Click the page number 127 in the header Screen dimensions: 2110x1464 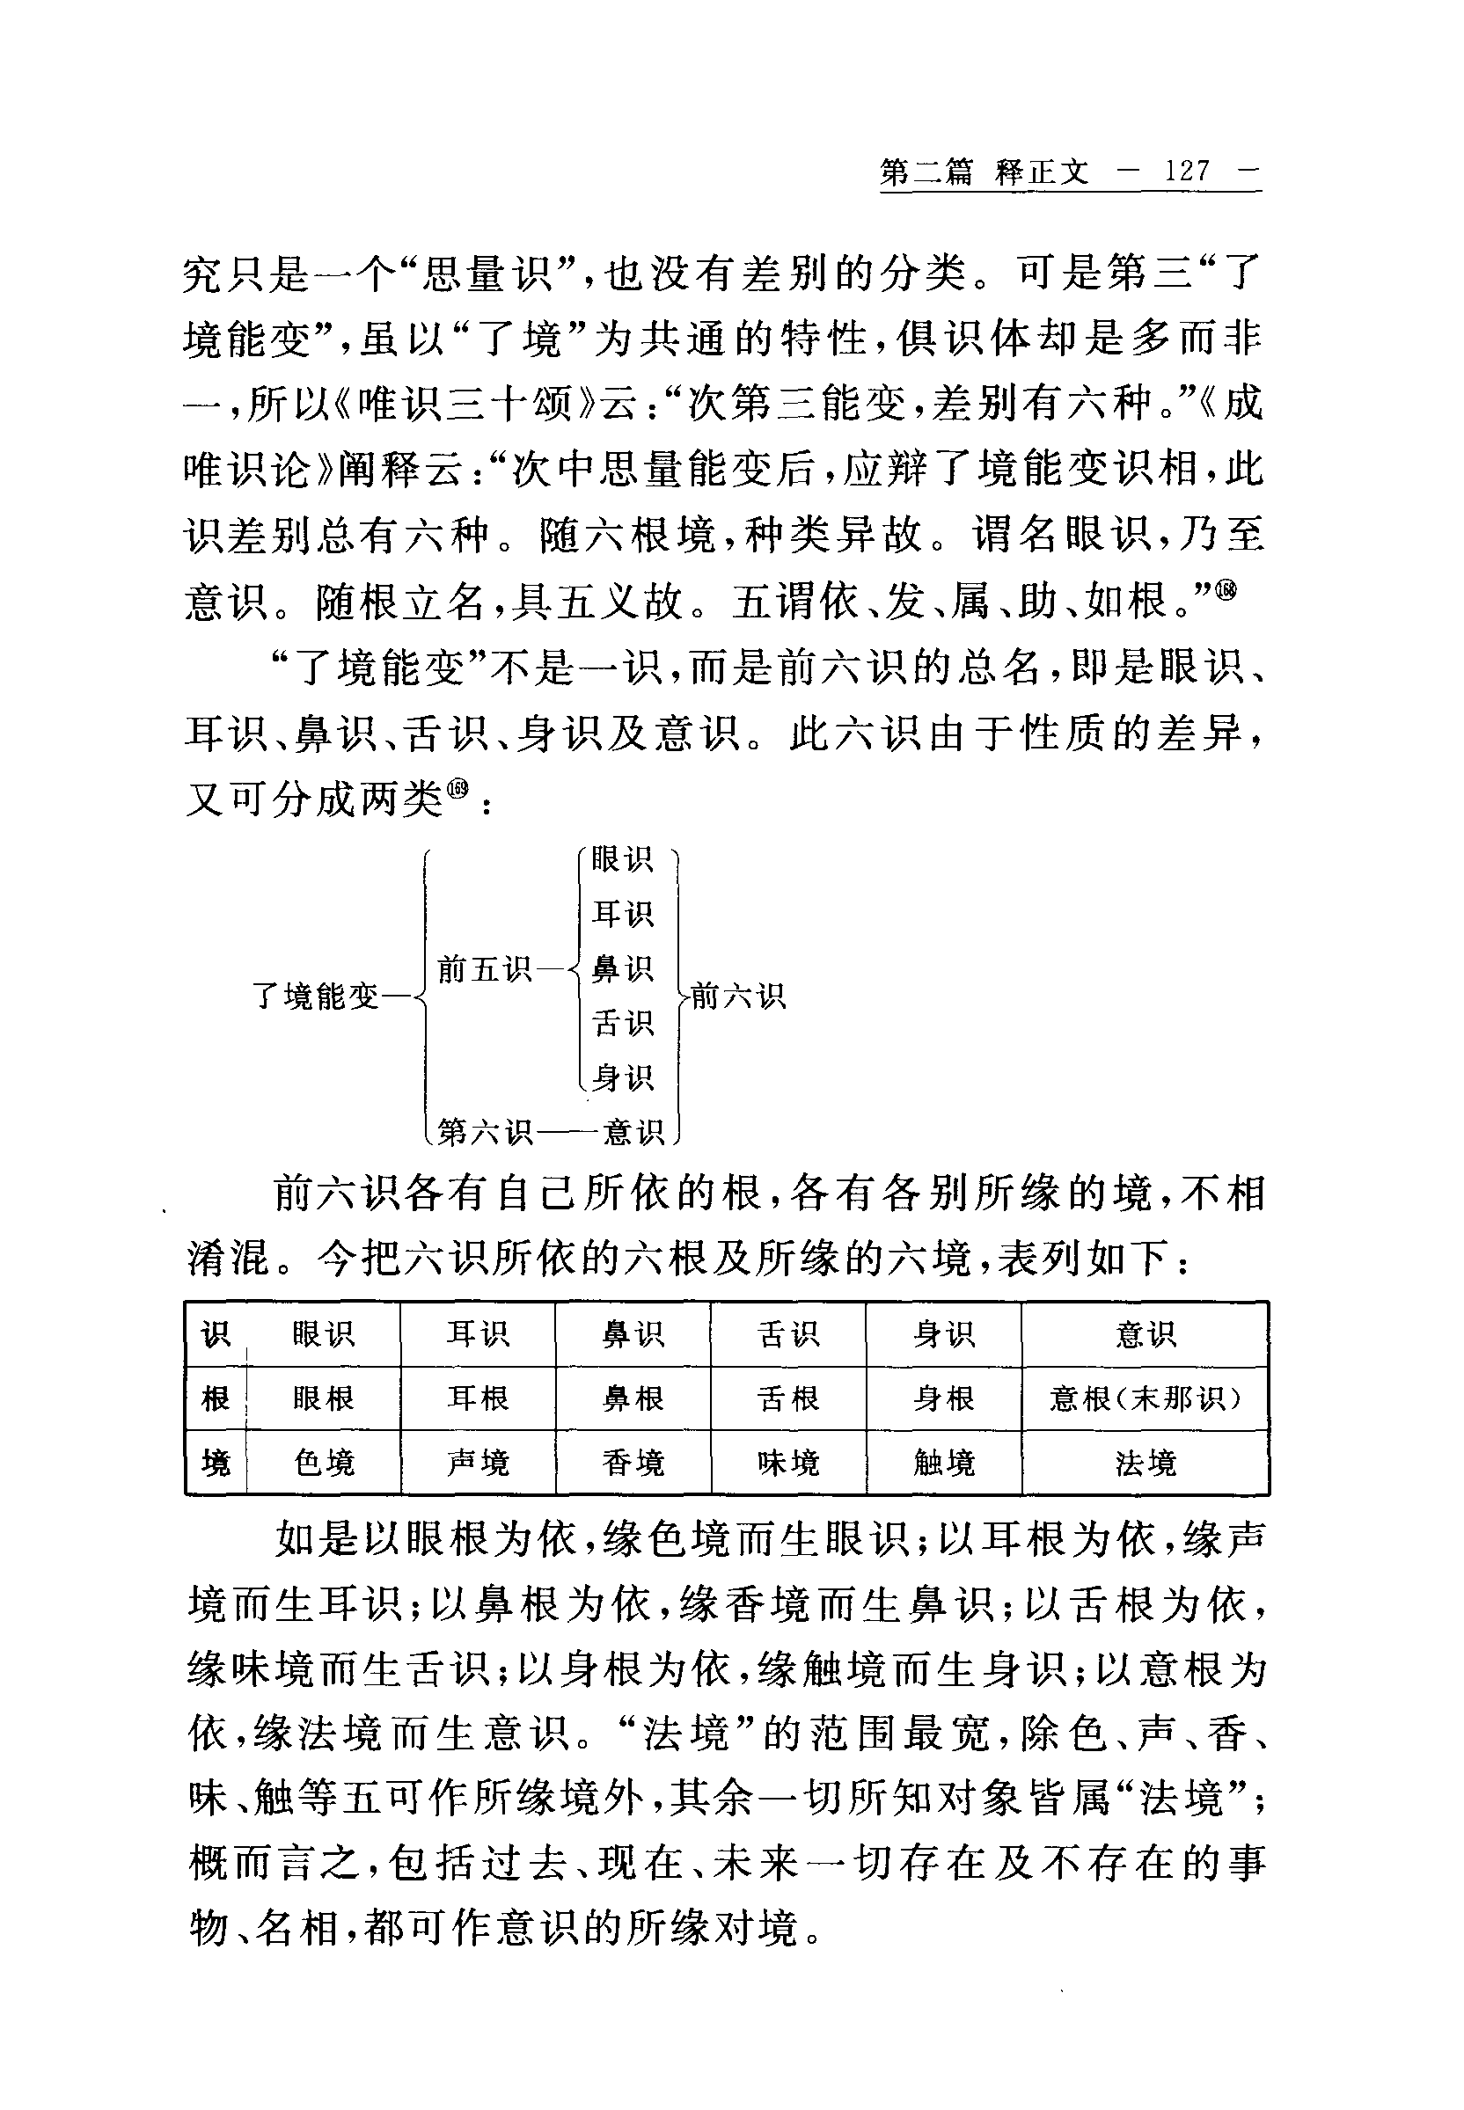[1187, 172]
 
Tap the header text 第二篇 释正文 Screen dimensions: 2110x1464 [985, 172]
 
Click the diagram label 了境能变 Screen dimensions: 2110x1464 [315, 996]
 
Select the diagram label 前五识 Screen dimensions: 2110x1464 [484, 968]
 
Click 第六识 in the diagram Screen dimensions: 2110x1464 [484, 1132]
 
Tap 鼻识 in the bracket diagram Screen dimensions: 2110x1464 [622, 968]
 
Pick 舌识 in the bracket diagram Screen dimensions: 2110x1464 [622, 1022]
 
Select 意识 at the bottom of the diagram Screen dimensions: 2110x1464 [633, 1132]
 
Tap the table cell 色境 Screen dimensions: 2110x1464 [323, 1463]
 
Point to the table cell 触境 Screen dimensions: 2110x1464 [944, 1463]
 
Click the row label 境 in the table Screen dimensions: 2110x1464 [216, 1463]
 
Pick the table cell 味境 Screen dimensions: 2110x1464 [788, 1463]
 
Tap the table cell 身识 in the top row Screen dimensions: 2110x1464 [944, 1334]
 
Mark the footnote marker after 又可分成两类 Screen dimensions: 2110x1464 [457, 789]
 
